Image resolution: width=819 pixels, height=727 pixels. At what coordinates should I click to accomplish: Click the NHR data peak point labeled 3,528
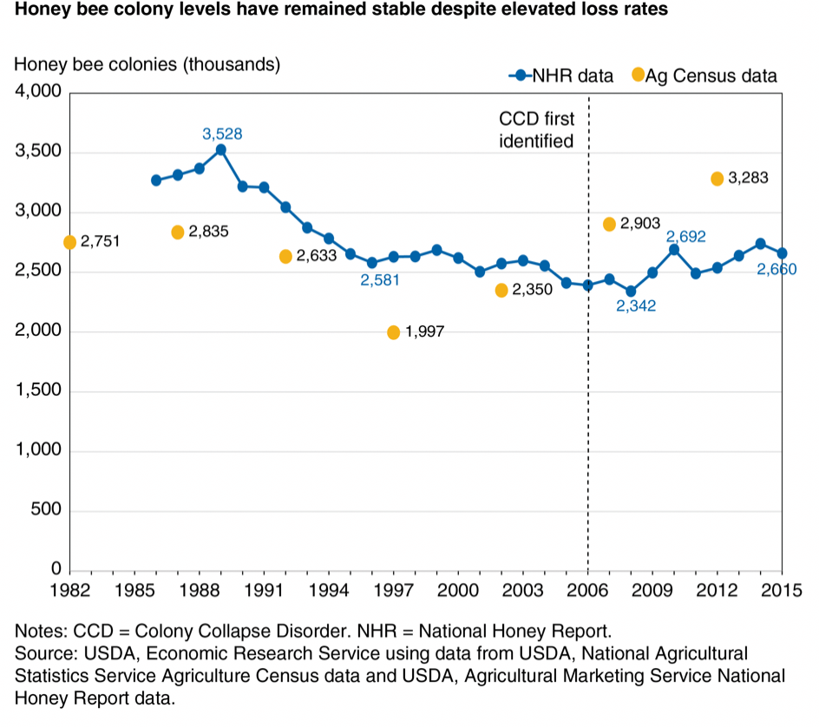tap(221, 149)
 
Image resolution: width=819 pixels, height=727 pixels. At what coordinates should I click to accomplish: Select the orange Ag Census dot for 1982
tap(69, 242)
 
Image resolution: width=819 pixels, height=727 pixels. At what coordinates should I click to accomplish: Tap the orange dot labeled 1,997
tap(394, 332)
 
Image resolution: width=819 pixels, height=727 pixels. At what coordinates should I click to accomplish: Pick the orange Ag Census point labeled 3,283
tap(717, 179)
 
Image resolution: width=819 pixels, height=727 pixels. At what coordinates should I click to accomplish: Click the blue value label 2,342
tap(636, 305)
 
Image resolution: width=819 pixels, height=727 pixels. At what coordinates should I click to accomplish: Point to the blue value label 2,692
tap(685, 236)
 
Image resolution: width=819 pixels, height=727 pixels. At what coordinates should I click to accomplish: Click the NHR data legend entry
tap(561, 75)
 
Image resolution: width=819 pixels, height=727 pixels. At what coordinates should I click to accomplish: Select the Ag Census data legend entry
tap(704, 75)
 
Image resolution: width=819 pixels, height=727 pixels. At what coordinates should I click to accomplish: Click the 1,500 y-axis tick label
tap(37, 391)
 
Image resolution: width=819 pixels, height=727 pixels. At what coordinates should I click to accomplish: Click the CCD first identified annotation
tap(536, 129)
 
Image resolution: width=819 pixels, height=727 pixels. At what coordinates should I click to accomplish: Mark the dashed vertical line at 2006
tap(588, 390)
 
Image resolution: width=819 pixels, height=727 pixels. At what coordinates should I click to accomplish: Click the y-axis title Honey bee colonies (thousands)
tap(147, 65)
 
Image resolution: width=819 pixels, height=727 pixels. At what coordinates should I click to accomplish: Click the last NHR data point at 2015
tap(783, 253)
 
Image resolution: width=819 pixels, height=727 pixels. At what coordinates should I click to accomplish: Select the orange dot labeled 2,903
tap(609, 225)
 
